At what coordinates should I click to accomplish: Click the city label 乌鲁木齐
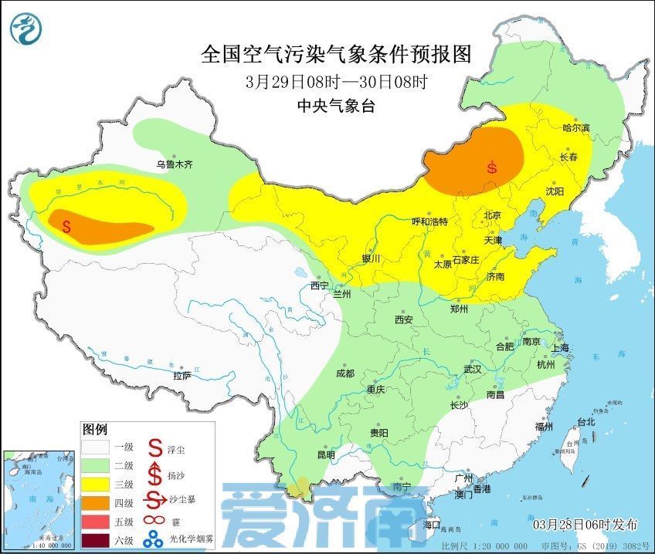(x=174, y=164)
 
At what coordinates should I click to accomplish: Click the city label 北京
(x=492, y=215)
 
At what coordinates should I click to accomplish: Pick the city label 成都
(x=344, y=373)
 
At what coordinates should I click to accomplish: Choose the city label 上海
(x=559, y=348)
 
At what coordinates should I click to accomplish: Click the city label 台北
(x=587, y=421)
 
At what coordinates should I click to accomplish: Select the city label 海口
(x=432, y=525)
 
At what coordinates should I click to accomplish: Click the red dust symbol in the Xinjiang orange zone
(x=66, y=227)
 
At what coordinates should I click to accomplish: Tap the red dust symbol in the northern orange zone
(x=492, y=167)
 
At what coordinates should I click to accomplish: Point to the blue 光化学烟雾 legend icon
(x=157, y=539)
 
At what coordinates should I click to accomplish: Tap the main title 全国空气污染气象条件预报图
(x=336, y=54)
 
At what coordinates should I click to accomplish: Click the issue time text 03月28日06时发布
(x=585, y=525)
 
